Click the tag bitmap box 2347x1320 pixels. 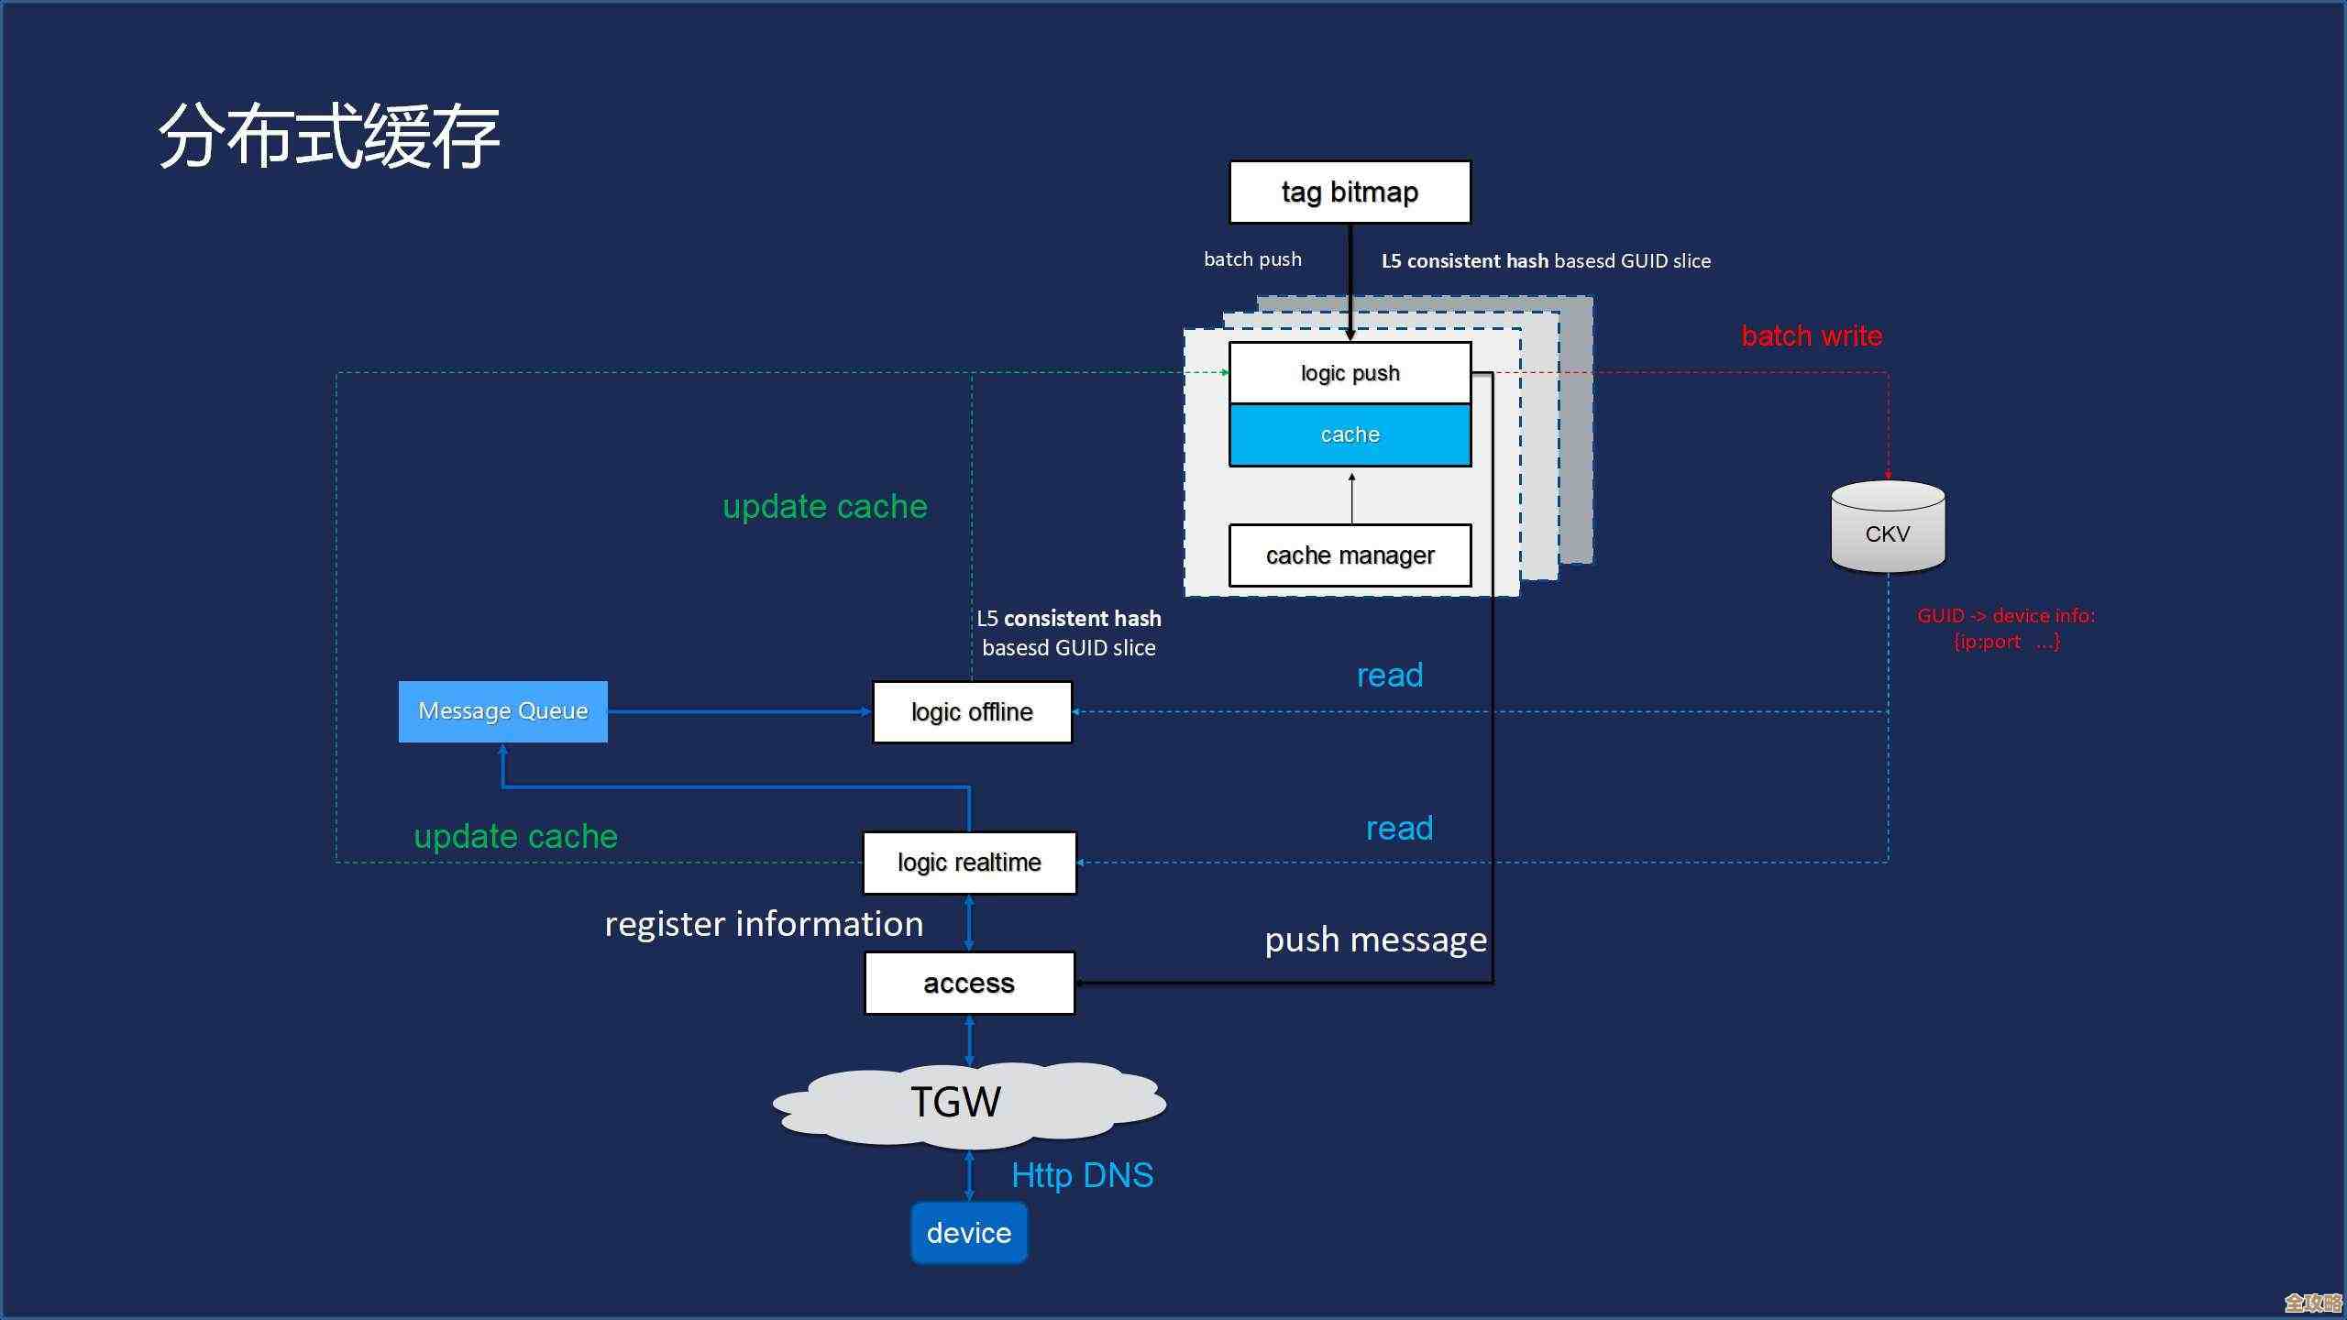coord(1350,192)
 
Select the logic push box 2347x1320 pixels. coord(1350,373)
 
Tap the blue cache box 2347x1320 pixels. coord(1350,434)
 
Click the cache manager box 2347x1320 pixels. coord(1350,555)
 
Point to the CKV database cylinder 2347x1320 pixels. coord(1888,529)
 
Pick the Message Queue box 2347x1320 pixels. coord(502,711)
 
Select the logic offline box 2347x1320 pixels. coord(972,712)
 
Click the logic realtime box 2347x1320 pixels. coord(969,863)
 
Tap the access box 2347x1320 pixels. coord(969,984)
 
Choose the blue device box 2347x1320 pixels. coord(969,1233)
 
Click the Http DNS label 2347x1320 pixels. coord(1082,1175)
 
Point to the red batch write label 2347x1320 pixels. coord(1812,336)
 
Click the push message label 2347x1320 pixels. coord(1375,940)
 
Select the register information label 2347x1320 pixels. coord(764,924)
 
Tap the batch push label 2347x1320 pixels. coord(1252,259)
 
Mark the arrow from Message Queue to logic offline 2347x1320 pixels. coord(739,711)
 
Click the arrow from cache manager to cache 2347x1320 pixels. coord(1351,498)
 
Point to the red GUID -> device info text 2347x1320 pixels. coord(2006,628)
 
